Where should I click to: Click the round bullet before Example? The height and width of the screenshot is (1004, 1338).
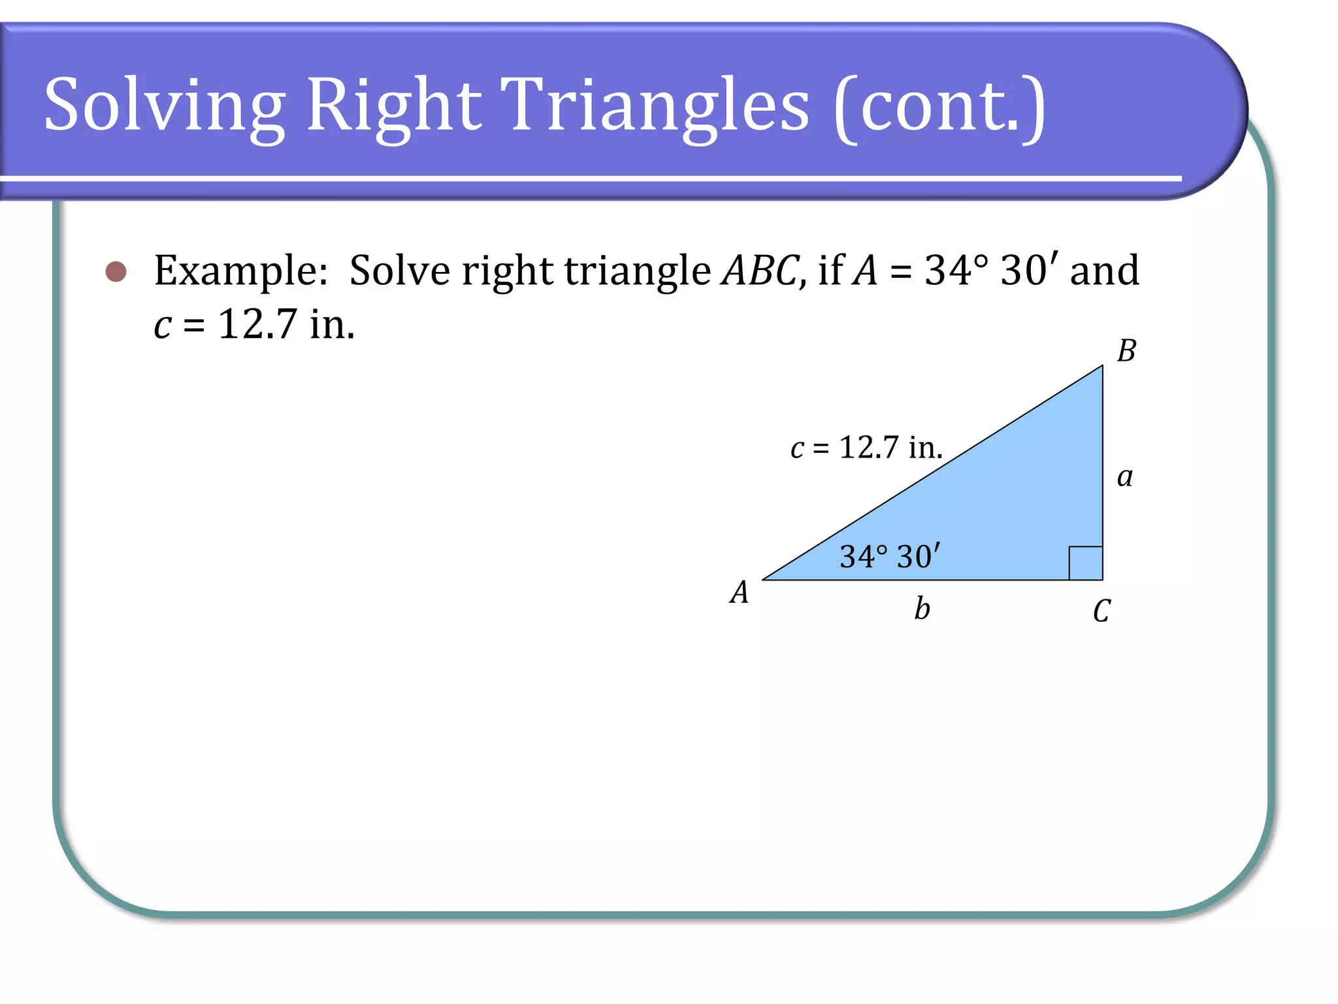click(x=116, y=271)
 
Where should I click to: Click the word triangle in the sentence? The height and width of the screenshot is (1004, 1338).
click(x=638, y=271)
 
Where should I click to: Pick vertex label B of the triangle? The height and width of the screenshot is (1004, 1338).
click(x=1126, y=351)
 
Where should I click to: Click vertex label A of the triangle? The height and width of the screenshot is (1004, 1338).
click(x=739, y=593)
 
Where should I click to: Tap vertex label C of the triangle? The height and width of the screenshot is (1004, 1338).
click(x=1101, y=612)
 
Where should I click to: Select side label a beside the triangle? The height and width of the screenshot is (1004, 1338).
click(x=1124, y=477)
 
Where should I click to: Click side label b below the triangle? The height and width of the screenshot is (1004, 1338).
click(x=922, y=609)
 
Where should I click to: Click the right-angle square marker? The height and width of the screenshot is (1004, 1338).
click(x=1085, y=563)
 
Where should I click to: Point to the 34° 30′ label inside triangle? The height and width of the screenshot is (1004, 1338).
click(x=890, y=557)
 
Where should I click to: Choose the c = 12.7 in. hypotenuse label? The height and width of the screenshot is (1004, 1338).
click(x=866, y=448)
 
